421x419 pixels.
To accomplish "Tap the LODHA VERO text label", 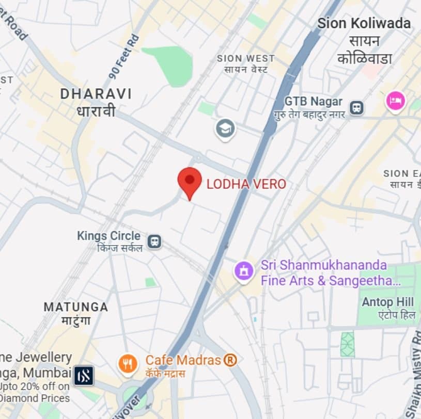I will (246, 184).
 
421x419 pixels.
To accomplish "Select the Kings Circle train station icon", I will (154, 241).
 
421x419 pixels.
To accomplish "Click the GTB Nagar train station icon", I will (356, 107).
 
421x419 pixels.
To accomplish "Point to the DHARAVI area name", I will (96, 94).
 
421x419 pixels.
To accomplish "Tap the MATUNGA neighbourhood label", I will (75, 307).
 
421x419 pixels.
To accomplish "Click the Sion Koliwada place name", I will (364, 23).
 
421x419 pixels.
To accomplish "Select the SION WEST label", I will (246, 59).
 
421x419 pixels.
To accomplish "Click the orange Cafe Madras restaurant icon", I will (127, 363).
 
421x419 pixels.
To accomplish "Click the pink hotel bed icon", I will (395, 100).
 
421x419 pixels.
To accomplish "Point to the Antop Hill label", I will (388, 302).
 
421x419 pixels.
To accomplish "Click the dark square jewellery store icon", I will (84, 376).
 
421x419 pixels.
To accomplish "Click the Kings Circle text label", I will (108, 236).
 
